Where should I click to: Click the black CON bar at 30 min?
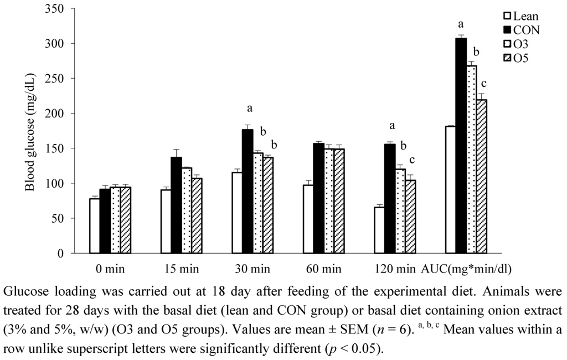click(247, 191)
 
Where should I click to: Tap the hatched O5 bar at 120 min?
click(410, 217)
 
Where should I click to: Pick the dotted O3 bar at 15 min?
click(186, 210)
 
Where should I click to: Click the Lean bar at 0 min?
click(95, 226)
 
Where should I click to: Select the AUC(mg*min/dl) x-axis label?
click(466, 270)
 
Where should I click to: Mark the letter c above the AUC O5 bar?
click(483, 84)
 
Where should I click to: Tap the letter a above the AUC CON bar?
click(461, 24)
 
